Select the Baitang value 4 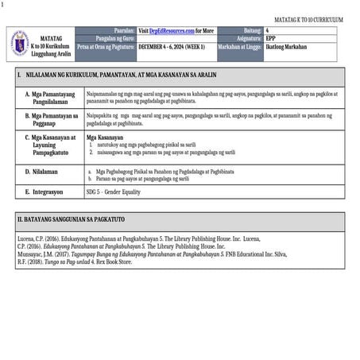point(268,29)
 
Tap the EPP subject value point(271,38)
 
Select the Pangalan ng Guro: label point(115,38)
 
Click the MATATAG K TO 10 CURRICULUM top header point(308,18)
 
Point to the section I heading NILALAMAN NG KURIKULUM point(104,76)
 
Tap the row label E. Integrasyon point(44,192)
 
